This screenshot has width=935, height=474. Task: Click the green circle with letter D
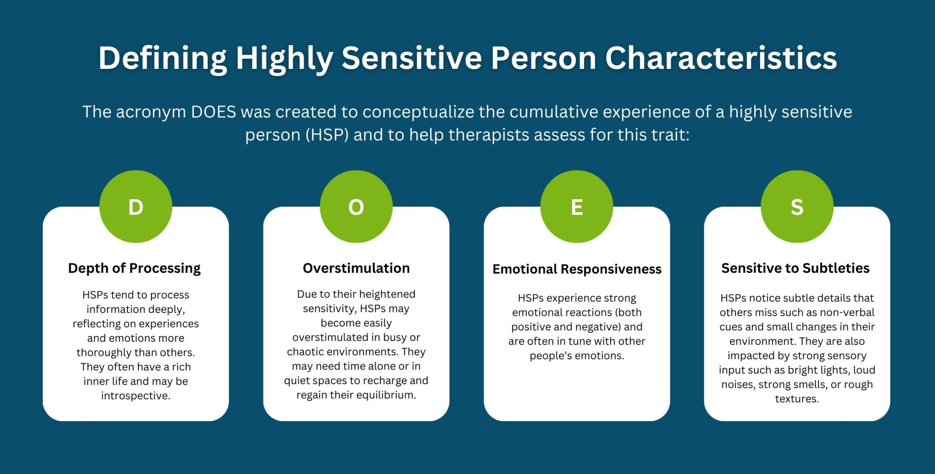click(x=136, y=207)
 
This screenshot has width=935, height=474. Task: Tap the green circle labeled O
click(x=356, y=207)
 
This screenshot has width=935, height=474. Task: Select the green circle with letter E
click(x=577, y=207)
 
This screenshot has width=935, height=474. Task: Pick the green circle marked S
click(x=797, y=207)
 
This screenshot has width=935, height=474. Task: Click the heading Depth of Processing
click(x=134, y=268)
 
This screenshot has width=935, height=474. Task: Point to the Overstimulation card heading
click(x=356, y=268)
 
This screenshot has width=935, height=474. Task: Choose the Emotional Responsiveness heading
click(x=577, y=269)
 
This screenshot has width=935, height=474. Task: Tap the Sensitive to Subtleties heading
click(x=795, y=268)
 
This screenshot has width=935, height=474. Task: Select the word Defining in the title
click(x=163, y=58)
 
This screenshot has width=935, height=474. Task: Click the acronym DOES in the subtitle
click(x=213, y=112)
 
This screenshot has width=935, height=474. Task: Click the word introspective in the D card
click(x=135, y=396)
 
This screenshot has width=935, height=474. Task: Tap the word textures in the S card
click(x=797, y=399)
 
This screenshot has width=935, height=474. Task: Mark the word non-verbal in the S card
click(x=849, y=313)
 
